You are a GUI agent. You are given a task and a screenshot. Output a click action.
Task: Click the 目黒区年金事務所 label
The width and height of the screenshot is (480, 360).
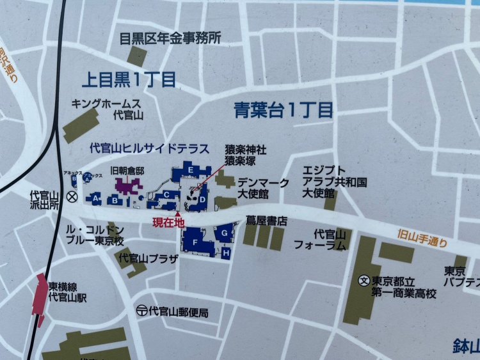coord(170,38)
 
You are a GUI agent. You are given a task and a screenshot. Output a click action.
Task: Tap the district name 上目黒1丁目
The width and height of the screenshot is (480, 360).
coord(129,79)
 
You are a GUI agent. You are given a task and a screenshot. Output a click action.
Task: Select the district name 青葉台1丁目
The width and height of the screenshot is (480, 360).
coord(283,111)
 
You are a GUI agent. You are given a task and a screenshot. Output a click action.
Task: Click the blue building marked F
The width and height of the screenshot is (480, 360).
coord(194,242)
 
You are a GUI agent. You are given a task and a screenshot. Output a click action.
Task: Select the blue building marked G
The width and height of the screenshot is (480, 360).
coord(225,233)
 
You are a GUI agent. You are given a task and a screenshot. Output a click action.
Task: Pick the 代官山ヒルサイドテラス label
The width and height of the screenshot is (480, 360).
coord(148,148)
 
